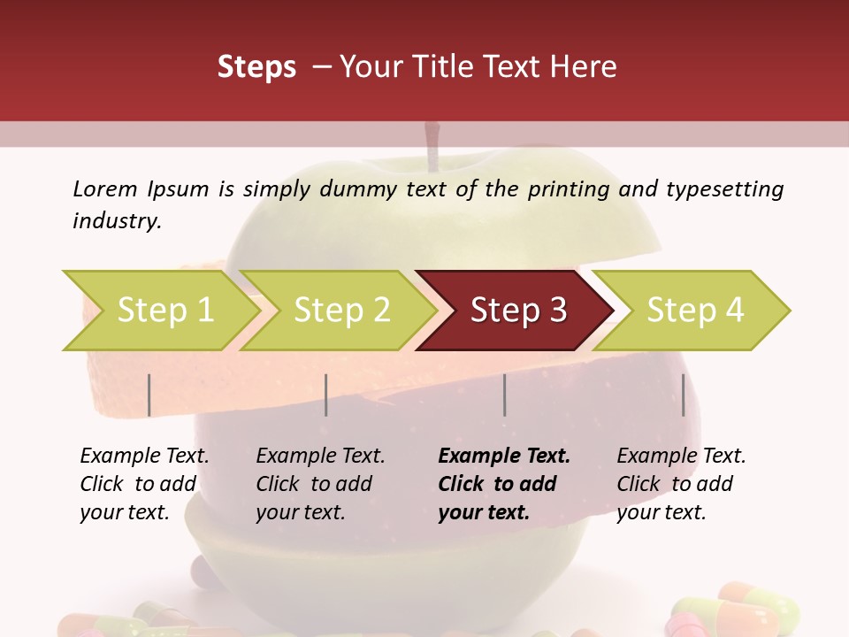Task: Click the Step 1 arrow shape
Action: tap(159, 311)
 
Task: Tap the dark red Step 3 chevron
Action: tap(517, 311)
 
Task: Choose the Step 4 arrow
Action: tap(694, 311)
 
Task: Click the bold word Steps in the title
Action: tap(256, 67)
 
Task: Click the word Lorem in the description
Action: tap(105, 189)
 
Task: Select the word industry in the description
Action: tap(118, 221)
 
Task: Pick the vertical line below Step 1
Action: tap(149, 395)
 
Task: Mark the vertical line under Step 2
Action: tap(326, 395)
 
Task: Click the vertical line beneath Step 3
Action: tap(505, 395)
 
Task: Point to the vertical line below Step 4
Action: tap(683, 395)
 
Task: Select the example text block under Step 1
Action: tap(143, 484)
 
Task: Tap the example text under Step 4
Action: tap(680, 484)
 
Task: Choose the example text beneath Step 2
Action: tap(319, 484)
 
